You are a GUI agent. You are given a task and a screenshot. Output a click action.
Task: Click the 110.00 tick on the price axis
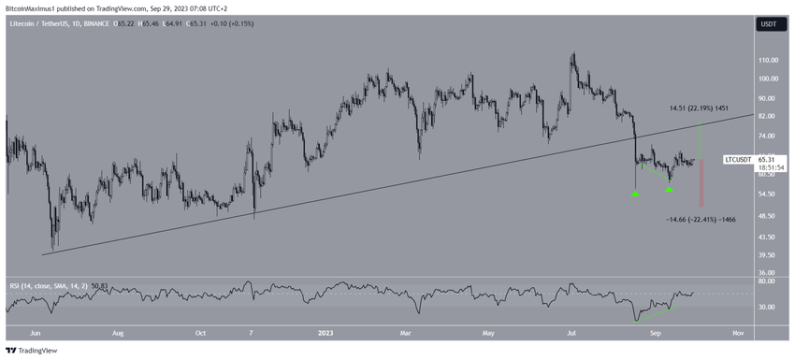click(x=768, y=59)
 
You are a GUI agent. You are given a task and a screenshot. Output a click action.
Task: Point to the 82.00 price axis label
click(x=766, y=116)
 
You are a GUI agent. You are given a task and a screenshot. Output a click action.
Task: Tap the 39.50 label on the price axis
click(x=766, y=254)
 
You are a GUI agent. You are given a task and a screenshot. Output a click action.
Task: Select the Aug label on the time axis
click(x=119, y=331)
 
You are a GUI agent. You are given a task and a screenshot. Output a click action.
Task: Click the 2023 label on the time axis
click(x=325, y=331)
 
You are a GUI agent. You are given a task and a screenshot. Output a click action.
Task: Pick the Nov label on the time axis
click(x=737, y=331)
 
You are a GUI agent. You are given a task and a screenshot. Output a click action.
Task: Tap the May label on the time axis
click(x=487, y=331)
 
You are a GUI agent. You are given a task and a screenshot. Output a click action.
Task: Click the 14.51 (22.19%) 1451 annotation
click(x=699, y=108)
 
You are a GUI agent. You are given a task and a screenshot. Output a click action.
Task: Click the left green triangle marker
click(x=635, y=194)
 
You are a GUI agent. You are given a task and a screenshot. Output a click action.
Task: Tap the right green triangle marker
click(x=670, y=190)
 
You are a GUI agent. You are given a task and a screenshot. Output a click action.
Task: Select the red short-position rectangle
click(x=701, y=184)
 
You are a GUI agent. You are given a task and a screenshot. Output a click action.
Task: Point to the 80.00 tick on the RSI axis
click(x=766, y=281)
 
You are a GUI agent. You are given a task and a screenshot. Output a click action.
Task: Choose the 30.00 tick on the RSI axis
click(x=766, y=307)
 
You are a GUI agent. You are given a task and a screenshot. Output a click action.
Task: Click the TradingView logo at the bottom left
click(x=33, y=351)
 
